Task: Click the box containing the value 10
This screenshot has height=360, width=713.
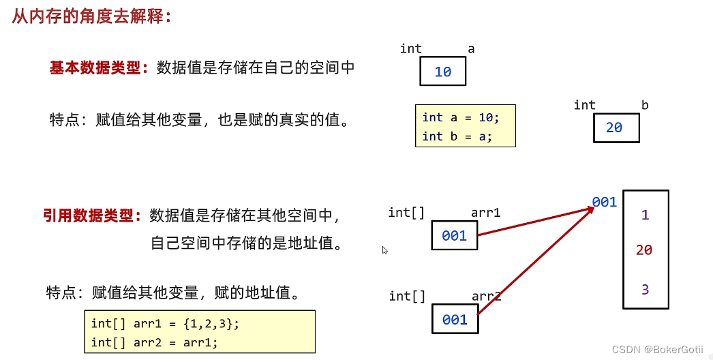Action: point(442,72)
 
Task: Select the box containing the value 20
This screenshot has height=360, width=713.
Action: point(616,127)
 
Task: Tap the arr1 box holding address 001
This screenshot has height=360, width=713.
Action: point(454,236)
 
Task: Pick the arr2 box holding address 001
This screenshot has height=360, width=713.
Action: point(455,320)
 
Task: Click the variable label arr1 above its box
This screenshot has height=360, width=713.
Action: point(485,213)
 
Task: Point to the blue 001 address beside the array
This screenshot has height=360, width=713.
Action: point(605,202)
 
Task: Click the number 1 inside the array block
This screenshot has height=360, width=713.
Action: point(645,215)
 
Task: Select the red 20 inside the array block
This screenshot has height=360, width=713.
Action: point(644,250)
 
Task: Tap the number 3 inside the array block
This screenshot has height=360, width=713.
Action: point(645,289)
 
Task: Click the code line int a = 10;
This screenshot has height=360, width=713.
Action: point(461,117)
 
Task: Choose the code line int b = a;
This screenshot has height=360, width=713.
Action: point(457,136)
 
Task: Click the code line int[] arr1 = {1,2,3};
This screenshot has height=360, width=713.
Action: point(166,323)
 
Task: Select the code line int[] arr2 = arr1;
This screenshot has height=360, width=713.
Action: point(155,342)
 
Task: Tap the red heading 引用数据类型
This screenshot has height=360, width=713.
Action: point(91,216)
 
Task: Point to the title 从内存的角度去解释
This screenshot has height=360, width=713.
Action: point(91,16)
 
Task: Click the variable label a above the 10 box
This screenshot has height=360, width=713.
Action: point(471,48)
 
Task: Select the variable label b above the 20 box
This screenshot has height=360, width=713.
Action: point(645,105)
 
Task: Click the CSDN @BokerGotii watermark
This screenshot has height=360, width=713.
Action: point(657,349)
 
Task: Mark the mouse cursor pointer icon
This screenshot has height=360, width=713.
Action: point(384,250)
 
